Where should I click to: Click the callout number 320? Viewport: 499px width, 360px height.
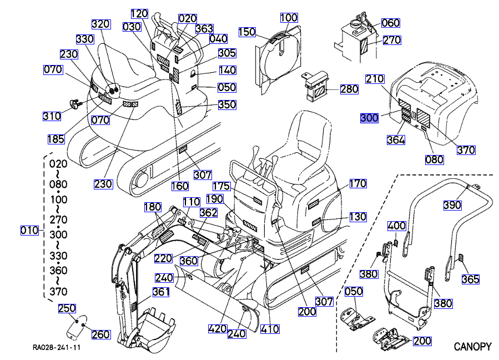(x=101, y=24)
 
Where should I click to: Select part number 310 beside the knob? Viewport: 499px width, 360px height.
(x=52, y=116)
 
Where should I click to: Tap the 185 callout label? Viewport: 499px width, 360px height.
(x=56, y=139)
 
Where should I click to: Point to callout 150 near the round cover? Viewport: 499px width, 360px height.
(x=247, y=32)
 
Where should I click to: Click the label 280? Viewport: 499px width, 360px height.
(x=349, y=89)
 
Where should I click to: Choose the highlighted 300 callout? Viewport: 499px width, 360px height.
(x=369, y=118)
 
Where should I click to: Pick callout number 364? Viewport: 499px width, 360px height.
(x=396, y=141)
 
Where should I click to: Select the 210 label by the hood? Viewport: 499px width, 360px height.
(x=375, y=79)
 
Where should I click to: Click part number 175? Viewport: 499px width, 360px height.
(x=222, y=187)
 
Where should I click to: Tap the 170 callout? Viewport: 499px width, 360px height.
(x=358, y=183)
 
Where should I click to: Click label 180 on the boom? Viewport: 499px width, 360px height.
(x=153, y=207)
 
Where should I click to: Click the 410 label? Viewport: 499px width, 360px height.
(x=270, y=328)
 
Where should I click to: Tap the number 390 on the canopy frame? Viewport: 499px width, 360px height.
(x=452, y=205)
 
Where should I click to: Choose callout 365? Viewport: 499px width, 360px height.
(x=471, y=279)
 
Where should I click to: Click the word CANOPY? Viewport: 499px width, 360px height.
(x=472, y=347)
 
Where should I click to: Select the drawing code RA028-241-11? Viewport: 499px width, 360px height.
(x=57, y=348)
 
